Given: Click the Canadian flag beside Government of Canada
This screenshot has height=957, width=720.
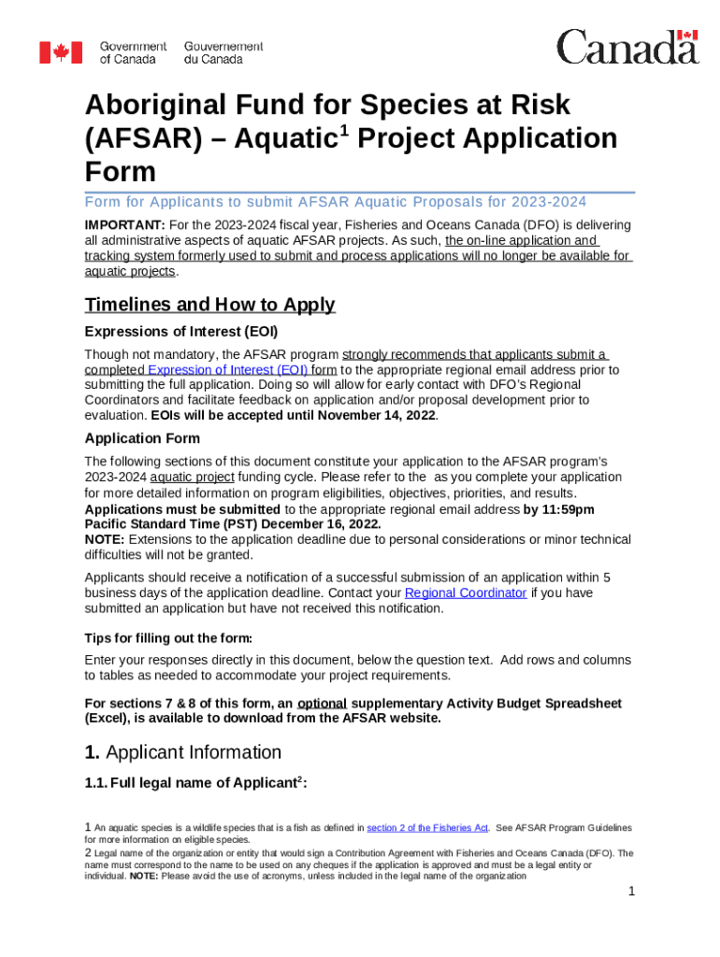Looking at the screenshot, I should (x=61, y=52).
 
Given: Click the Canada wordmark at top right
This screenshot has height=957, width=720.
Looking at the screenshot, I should (x=627, y=47).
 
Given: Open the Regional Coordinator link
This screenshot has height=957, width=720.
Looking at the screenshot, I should (x=465, y=593).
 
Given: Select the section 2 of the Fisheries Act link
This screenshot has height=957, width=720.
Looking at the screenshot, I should (x=427, y=828).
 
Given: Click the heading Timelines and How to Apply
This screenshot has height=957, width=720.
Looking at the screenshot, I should (x=209, y=305).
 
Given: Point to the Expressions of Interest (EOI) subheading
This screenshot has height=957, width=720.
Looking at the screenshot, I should (x=181, y=332).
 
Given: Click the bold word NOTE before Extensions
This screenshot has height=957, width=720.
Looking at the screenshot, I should (x=104, y=539).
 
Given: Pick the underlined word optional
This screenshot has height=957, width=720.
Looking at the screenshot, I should (x=323, y=703).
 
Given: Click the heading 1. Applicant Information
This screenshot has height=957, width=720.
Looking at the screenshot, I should (x=182, y=752).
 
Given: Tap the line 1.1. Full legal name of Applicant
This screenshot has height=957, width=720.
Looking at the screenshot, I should (x=194, y=784).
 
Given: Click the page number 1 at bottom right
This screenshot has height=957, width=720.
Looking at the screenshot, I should (x=631, y=892).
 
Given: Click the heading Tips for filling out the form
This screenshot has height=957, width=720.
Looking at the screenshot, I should (x=168, y=638).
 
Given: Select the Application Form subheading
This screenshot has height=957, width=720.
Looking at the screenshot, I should (x=141, y=438).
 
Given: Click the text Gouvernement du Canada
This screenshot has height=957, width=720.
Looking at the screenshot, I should (x=223, y=52).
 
